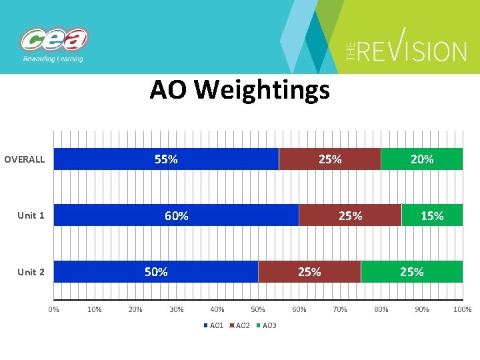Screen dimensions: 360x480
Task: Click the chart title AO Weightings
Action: (239, 89)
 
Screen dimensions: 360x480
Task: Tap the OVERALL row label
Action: (25, 159)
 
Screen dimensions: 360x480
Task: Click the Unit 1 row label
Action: (31, 215)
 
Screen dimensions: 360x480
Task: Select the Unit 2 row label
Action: (31, 272)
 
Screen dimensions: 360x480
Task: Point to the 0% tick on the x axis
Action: (54, 309)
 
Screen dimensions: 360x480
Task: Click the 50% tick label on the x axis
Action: (258, 309)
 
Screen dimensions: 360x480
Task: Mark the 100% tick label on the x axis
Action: (462, 309)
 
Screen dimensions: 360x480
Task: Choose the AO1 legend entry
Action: (214, 325)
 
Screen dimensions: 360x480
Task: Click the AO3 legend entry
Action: (267, 325)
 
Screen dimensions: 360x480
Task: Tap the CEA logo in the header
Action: (54, 41)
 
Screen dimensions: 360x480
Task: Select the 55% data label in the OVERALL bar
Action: (166, 159)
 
